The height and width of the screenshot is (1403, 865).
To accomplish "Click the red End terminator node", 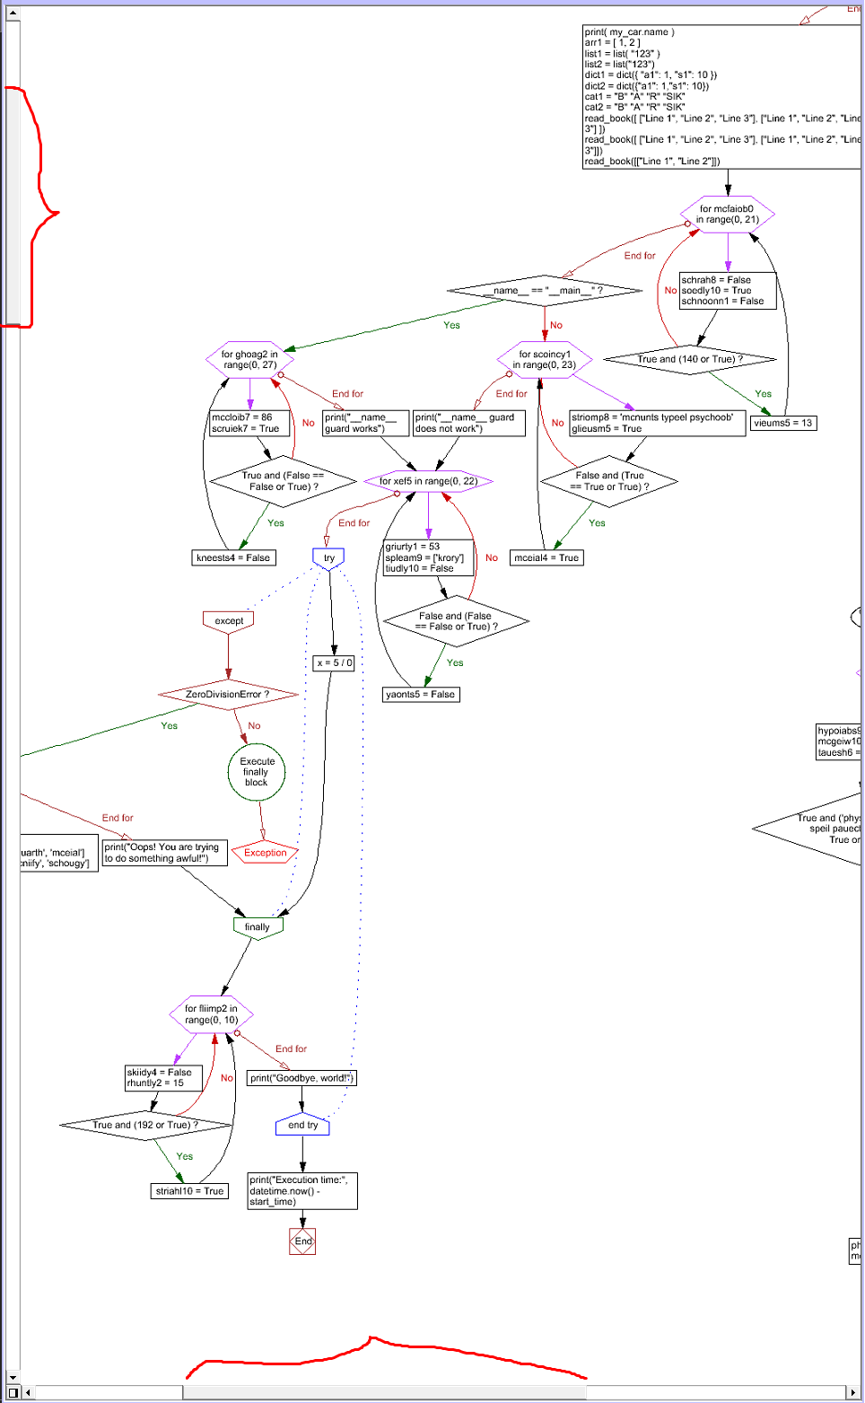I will click(x=302, y=1241).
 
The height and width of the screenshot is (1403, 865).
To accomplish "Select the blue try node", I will click(x=328, y=558).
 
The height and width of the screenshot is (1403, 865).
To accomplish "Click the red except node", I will click(x=229, y=620).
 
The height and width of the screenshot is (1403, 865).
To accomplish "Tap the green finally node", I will click(x=258, y=926).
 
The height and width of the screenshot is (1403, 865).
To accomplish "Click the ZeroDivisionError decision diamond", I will click(x=228, y=694).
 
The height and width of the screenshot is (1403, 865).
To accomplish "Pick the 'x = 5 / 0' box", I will click(x=335, y=663).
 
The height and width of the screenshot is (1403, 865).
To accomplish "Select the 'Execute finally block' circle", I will click(x=257, y=772).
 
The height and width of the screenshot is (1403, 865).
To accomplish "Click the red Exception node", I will click(x=265, y=853).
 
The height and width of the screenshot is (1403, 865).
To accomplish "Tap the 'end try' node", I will click(x=302, y=1125).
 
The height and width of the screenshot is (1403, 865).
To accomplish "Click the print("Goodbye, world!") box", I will click(x=301, y=1078).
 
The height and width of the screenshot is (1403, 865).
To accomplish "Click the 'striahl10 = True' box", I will click(x=189, y=1191).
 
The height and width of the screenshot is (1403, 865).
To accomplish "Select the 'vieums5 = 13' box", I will click(x=782, y=423).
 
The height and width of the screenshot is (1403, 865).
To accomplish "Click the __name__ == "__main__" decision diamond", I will click(x=544, y=291).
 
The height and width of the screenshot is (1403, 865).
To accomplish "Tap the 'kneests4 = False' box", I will click(x=233, y=557).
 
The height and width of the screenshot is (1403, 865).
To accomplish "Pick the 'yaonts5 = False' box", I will click(x=421, y=694).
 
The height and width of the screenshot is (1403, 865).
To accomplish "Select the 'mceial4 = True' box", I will click(x=546, y=557).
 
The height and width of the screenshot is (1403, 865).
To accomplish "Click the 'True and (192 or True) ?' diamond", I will click(x=145, y=1125).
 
